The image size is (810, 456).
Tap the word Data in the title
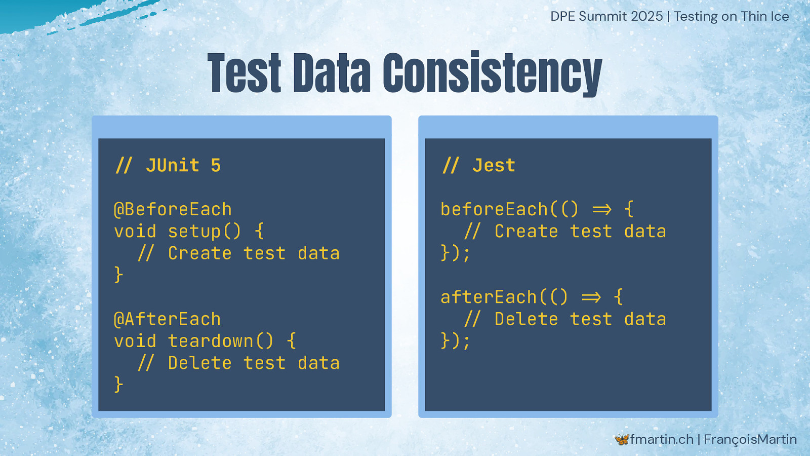(332, 73)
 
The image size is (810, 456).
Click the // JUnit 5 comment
(168, 166)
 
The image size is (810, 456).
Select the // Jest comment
(479, 166)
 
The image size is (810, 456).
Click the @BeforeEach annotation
(173, 210)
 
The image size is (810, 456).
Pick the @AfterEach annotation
(168, 319)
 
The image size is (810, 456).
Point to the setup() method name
(205, 232)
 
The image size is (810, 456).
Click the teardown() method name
(221, 341)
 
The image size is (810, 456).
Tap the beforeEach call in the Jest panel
(494, 210)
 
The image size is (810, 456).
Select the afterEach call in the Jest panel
(489, 297)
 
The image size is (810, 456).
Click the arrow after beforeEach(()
(602, 210)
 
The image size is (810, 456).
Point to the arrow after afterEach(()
(591, 297)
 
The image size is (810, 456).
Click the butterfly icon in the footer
(622, 439)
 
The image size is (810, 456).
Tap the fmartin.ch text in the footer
(662, 439)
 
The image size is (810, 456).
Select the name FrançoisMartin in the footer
(750, 439)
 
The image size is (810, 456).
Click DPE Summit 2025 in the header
(606, 16)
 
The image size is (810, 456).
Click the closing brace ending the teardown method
(118, 385)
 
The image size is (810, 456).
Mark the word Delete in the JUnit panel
(199, 363)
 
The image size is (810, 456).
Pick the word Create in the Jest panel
(526, 232)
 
